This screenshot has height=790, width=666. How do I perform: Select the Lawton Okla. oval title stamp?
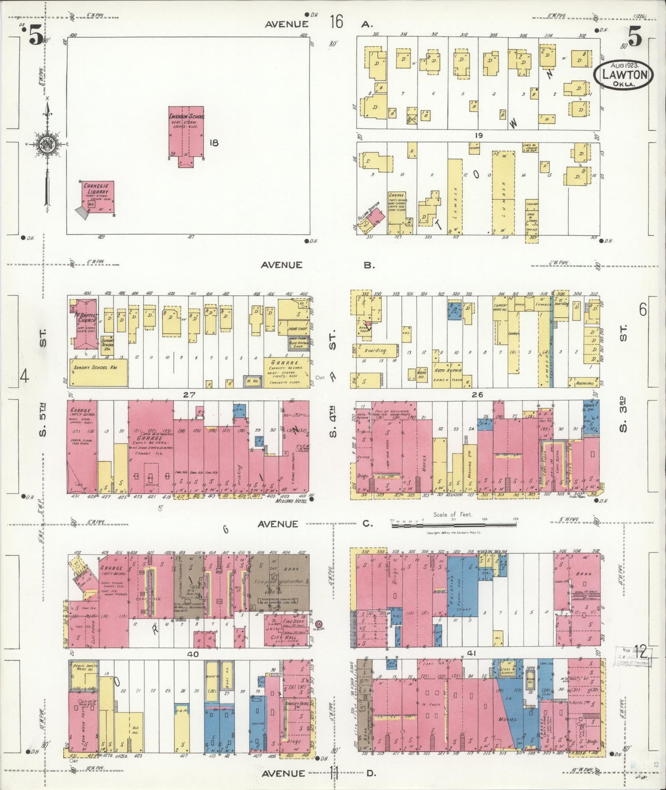click(x=623, y=76)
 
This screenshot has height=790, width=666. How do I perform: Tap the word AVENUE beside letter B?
click(x=281, y=265)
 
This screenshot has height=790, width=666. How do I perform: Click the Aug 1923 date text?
click(x=623, y=65)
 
